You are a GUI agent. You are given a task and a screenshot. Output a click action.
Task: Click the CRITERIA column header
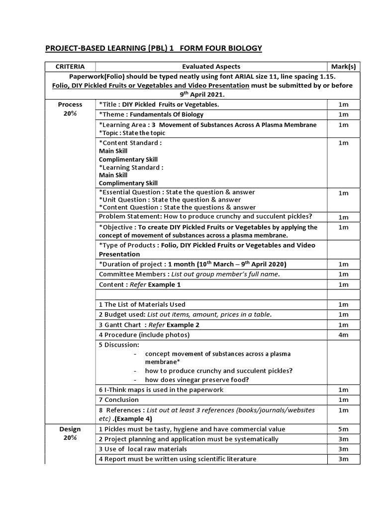(x=70, y=66)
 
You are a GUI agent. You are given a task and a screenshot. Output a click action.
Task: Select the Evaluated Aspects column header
(x=211, y=66)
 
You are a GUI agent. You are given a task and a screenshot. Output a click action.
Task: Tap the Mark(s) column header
(x=343, y=66)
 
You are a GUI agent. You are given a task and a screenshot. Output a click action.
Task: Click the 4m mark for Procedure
(x=343, y=335)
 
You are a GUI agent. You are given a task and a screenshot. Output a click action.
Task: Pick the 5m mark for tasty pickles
(x=343, y=429)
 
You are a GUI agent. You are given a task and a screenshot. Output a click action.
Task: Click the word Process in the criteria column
(x=70, y=105)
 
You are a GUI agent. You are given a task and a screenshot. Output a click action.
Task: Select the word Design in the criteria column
(x=70, y=429)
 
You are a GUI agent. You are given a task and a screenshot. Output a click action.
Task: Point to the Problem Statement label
(x=127, y=217)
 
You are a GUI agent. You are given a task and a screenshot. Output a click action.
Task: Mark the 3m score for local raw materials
(x=343, y=449)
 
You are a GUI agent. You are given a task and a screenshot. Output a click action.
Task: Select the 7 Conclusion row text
(x=119, y=399)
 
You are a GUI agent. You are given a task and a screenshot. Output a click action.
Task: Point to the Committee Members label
(x=132, y=274)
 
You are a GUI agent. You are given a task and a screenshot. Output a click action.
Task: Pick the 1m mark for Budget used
(x=343, y=315)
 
